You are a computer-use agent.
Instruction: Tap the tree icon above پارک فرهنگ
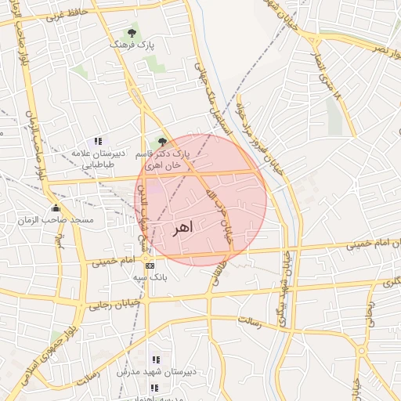(x=132, y=34)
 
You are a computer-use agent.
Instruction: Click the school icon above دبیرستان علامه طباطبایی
(x=98, y=141)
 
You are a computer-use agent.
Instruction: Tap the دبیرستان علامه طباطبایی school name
(x=93, y=159)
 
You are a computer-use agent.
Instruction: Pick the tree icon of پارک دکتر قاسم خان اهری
(x=162, y=142)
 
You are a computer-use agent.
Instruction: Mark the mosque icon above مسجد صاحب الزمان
(x=55, y=208)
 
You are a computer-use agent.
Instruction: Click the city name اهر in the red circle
(x=180, y=228)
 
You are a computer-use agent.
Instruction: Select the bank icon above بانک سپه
(x=150, y=266)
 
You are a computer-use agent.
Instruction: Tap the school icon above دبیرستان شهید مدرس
(x=154, y=359)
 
